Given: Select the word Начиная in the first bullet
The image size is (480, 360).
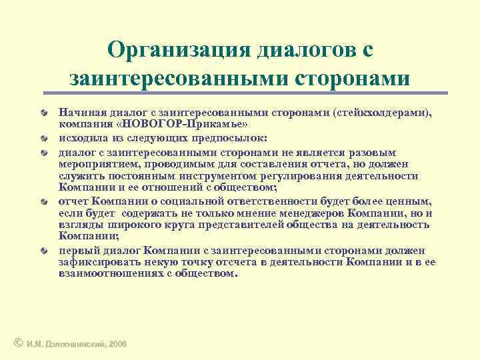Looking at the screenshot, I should [x=80, y=114].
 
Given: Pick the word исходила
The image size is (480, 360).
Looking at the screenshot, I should [x=80, y=139].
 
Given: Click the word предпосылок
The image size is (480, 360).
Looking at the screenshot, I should [x=232, y=139].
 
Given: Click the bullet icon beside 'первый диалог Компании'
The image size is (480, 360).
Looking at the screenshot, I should [x=43, y=251].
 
